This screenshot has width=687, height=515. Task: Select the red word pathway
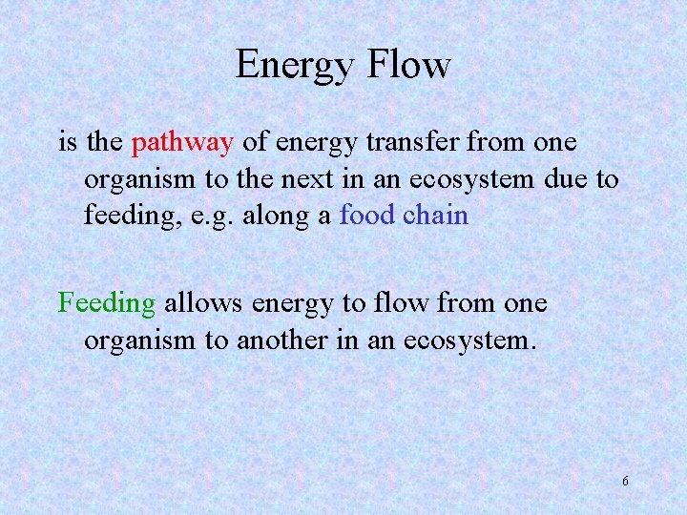coord(182,143)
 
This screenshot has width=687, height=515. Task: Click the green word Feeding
coord(107,304)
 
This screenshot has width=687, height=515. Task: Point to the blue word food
coord(367,215)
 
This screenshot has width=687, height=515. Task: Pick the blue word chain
coord(435,215)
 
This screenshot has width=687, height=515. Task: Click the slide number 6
coord(625,482)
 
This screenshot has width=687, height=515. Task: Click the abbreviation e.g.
coord(192,215)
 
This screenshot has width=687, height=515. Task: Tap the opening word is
coord(68,143)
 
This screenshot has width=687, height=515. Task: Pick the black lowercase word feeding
coord(125,215)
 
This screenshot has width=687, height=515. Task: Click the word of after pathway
coord(255,143)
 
